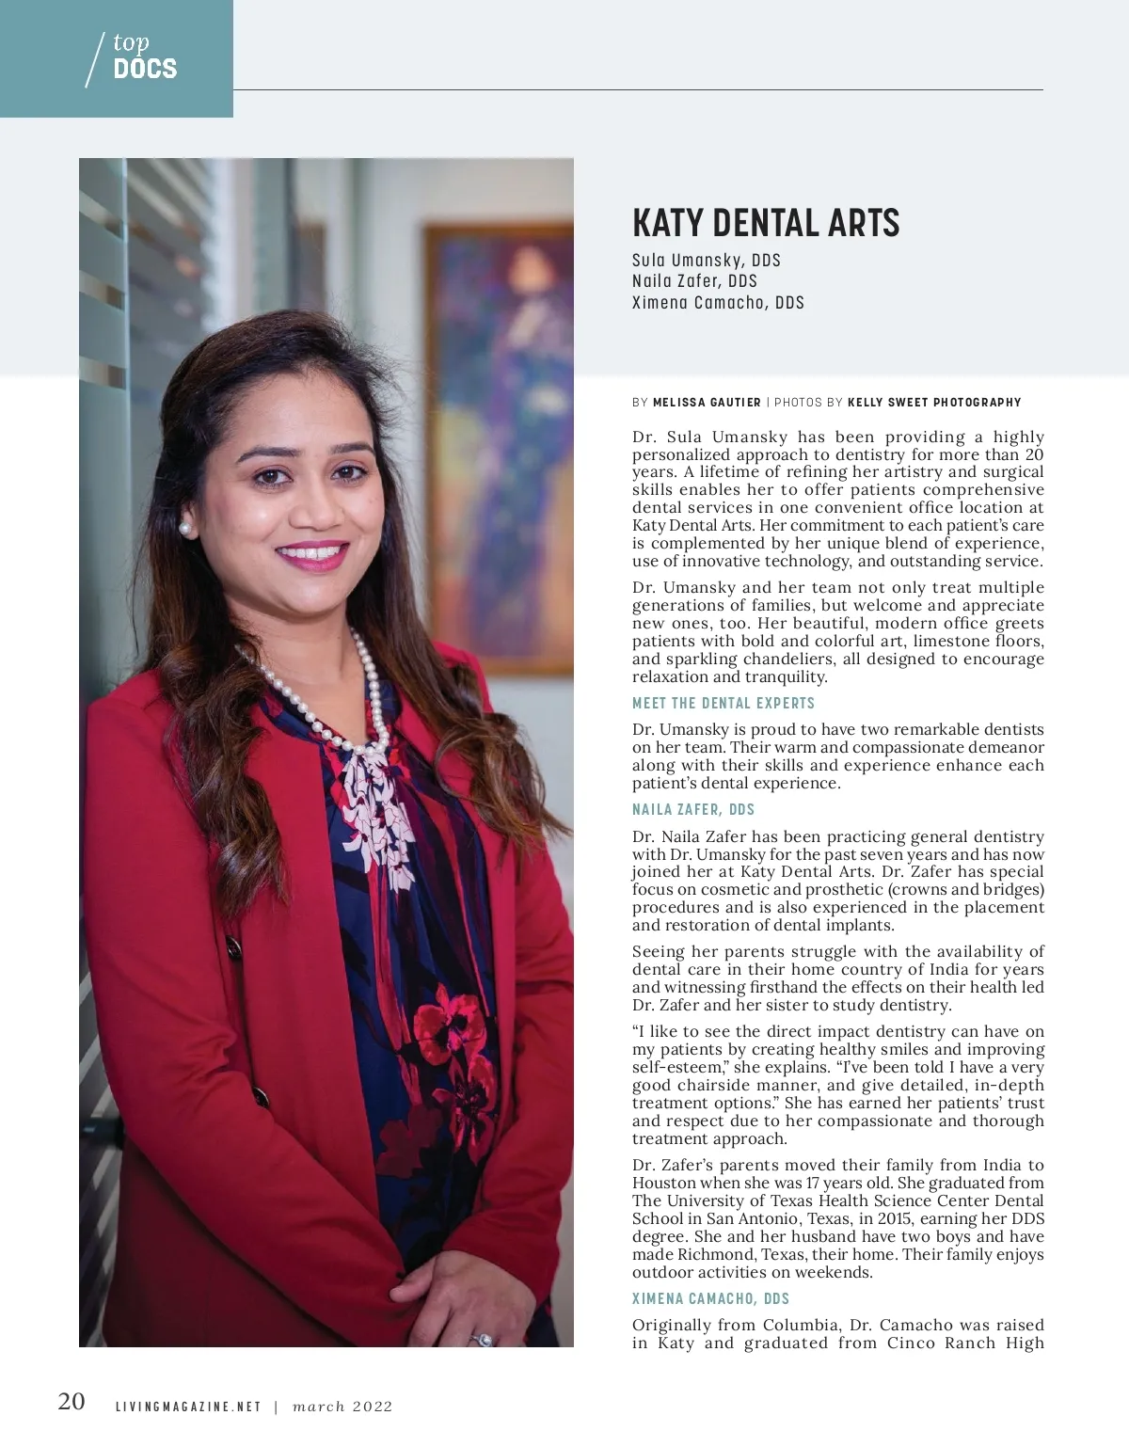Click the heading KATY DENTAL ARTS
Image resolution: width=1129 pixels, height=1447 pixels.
766,223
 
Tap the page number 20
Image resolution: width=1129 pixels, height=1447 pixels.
72,1402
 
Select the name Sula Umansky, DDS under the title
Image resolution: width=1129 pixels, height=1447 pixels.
707,261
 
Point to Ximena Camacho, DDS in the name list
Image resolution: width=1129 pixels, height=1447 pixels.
718,302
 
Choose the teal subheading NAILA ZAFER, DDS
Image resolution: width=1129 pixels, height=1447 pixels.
693,809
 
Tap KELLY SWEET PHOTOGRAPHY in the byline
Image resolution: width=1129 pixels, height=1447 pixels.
934,403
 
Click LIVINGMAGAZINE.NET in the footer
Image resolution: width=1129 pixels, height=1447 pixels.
188,1407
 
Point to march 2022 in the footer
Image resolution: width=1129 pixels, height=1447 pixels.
342,1407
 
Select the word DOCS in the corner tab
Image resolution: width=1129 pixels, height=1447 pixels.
145,69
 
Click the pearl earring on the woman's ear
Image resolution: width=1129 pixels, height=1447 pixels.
186,529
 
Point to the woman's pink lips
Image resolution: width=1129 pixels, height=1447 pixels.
313,554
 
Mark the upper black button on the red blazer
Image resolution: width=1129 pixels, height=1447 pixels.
231,948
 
